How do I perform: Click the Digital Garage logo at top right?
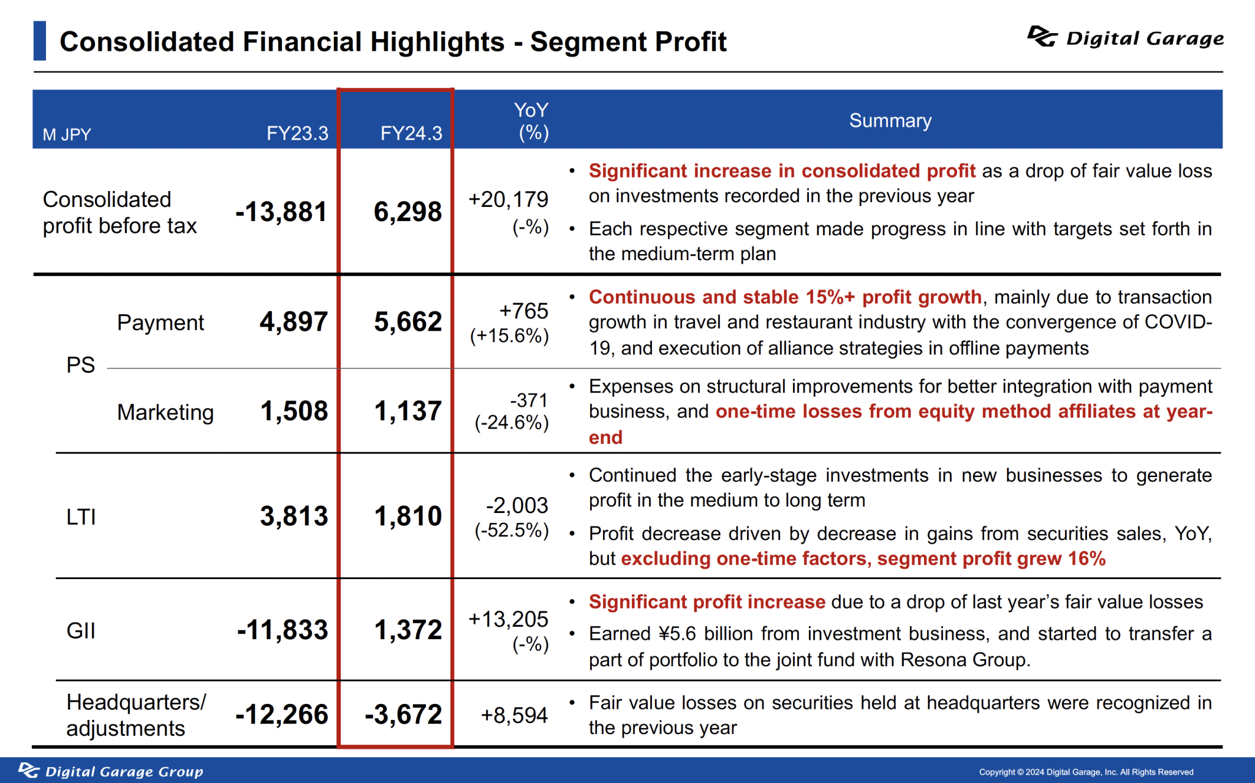[x=1125, y=38]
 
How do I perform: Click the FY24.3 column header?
[x=411, y=133]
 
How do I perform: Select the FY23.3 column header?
[x=297, y=133]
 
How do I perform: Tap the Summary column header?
[x=890, y=121]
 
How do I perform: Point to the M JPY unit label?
[x=67, y=135]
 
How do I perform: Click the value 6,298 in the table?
[x=408, y=212]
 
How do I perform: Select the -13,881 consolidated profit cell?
[x=281, y=212]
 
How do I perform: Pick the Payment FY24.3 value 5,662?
[x=408, y=321]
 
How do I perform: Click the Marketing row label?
[x=165, y=412]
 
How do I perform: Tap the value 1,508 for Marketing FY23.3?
[x=294, y=411]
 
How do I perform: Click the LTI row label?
[x=81, y=517]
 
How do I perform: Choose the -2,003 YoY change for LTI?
[x=517, y=505]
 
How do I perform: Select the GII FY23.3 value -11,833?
[x=282, y=630]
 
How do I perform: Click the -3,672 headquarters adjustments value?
[x=403, y=714]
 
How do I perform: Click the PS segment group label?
[x=80, y=365]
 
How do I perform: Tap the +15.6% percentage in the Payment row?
[x=509, y=335]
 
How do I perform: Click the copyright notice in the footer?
[x=1085, y=772]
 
